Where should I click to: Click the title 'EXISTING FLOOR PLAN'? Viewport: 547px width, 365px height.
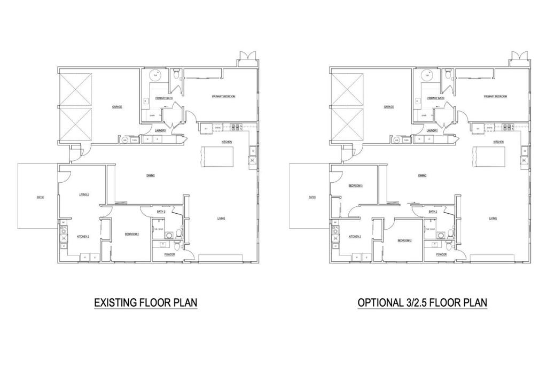pyautogui.click(x=146, y=303)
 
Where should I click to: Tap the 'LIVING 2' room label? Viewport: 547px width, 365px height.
pyautogui.click(x=83, y=195)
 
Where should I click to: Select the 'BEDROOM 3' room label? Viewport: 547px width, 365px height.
pyautogui.click(x=356, y=186)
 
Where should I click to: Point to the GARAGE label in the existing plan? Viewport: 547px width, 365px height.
pyautogui.click(x=117, y=107)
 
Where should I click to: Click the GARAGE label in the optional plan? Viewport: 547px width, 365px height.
pyautogui.click(x=389, y=107)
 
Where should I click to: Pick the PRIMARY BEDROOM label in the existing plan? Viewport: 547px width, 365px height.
pyautogui.click(x=223, y=97)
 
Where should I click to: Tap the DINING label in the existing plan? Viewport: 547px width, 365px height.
pyautogui.click(x=151, y=175)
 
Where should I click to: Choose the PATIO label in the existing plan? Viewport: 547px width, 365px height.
pyautogui.click(x=40, y=198)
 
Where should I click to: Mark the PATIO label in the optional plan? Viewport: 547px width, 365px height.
pyautogui.click(x=312, y=198)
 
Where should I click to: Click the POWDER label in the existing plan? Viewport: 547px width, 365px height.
pyautogui.click(x=170, y=254)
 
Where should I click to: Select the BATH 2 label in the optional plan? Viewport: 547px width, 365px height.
pyautogui.click(x=433, y=212)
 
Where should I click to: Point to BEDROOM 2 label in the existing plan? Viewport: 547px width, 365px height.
pyautogui.click(x=132, y=234)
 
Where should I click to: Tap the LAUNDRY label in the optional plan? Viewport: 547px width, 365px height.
pyautogui.click(x=433, y=130)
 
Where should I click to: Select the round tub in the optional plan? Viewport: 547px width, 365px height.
pyautogui.click(x=427, y=76)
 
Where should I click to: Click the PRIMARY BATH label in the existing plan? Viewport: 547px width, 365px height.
pyautogui.click(x=163, y=98)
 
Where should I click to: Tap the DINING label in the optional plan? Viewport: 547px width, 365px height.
pyautogui.click(x=422, y=175)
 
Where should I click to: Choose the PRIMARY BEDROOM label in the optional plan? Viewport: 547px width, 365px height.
pyautogui.click(x=495, y=97)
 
